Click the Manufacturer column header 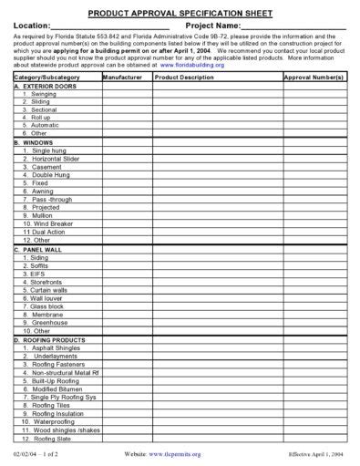pyautogui.click(x=125, y=78)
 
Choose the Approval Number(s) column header pyautogui.click(x=314, y=78)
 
